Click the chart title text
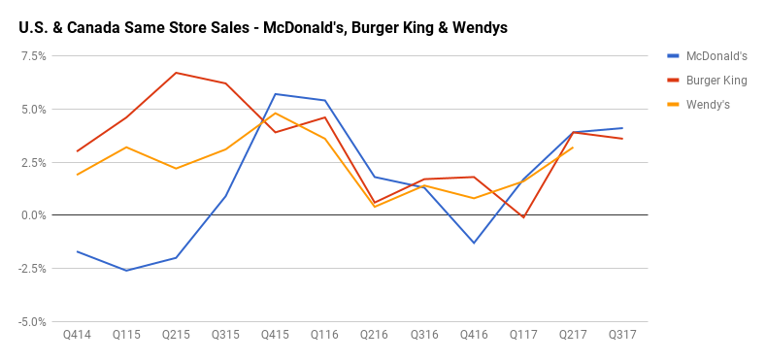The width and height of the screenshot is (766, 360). (x=262, y=28)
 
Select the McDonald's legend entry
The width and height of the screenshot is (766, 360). (x=716, y=56)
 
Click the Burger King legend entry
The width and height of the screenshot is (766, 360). (x=716, y=81)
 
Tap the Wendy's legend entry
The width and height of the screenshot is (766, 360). (x=708, y=104)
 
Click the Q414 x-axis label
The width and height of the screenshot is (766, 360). (x=77, y=335)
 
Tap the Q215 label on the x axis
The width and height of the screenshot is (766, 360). (x=176, y=335)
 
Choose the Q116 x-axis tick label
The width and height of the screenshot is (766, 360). (x=324, y=335)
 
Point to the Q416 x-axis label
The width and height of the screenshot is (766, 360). (x=473, y=335)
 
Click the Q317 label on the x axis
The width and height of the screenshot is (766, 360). (x=622, y=335)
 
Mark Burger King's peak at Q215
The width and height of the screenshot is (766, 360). (x=176, y=73)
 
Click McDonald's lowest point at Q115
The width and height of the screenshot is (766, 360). (x=126, y=271)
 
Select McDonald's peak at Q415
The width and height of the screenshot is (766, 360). (x=275, y=94)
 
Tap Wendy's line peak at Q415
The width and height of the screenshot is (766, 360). (x=275, y=113)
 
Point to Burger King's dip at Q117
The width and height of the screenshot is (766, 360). (x=523, y=217)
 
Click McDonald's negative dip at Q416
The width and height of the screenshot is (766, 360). (x=473, y=243)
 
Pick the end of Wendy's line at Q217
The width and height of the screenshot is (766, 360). (x=573, y=147)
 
